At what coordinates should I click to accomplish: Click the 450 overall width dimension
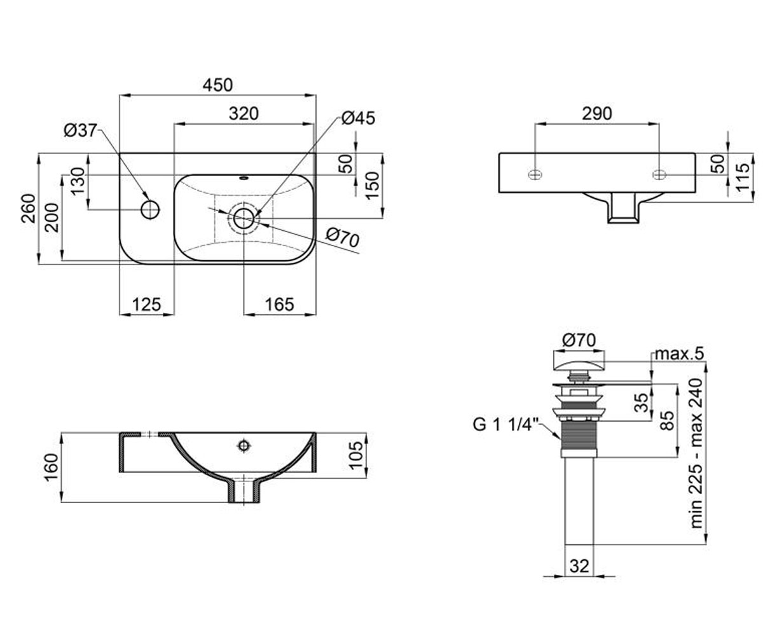point(217,85)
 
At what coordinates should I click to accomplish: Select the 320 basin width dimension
point(244,114)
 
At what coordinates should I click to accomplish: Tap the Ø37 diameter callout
point(81,130)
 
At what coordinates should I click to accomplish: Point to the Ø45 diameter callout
point(359,118)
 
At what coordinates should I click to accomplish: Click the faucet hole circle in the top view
point(150,209)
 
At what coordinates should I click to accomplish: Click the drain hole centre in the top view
point(244,218)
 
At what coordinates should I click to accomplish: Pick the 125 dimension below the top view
point(146,304)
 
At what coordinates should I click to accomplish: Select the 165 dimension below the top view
point(280,304)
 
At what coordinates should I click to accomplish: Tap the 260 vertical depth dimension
point(29,209)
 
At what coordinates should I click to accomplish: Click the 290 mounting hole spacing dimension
point(597,114)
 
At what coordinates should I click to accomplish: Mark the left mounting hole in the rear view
point(535,175)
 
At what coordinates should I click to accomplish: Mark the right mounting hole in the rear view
point(659,175)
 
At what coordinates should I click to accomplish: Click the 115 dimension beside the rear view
point(743,177)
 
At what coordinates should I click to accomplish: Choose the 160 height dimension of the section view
point(51,467)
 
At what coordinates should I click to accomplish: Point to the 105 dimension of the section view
point(355,455)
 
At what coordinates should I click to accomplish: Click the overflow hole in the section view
point(244,446)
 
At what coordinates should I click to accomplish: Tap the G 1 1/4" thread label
point(506,425)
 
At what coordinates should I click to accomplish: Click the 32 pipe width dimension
point(579,566)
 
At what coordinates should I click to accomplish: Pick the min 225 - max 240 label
point(696,453)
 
